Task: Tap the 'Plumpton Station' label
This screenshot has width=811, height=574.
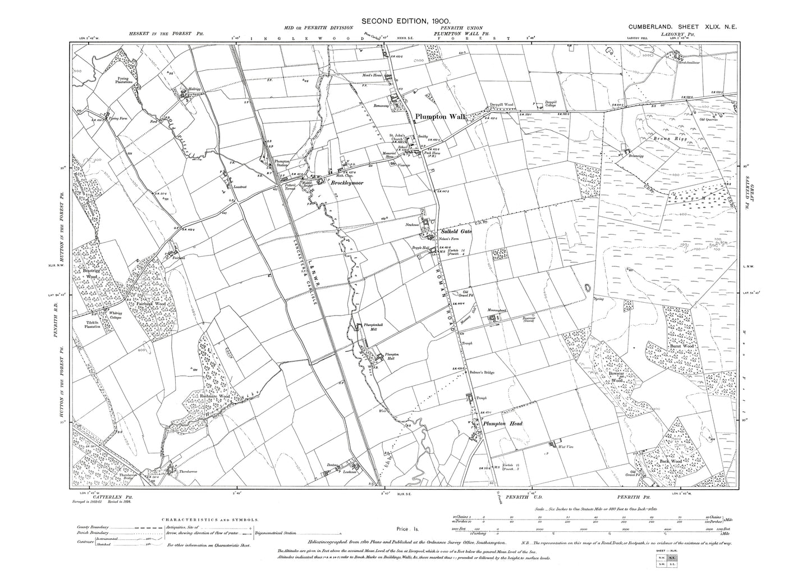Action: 281,163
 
